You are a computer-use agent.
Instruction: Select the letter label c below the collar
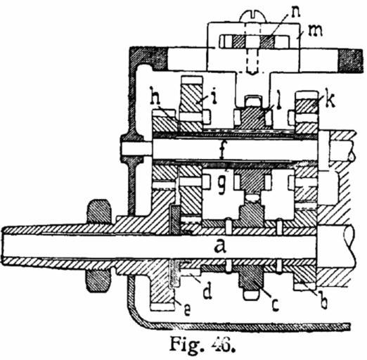coord(275,305)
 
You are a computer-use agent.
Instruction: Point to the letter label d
coord(207,291)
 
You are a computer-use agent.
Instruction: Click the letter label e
coord(187,311)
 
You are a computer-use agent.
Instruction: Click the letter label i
coord(213,96)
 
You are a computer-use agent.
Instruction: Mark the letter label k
coord(328,101)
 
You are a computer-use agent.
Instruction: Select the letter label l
coord(278,101)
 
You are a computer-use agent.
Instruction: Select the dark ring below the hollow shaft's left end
coord(98,281)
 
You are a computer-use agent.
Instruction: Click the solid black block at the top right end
coord(351,60)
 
